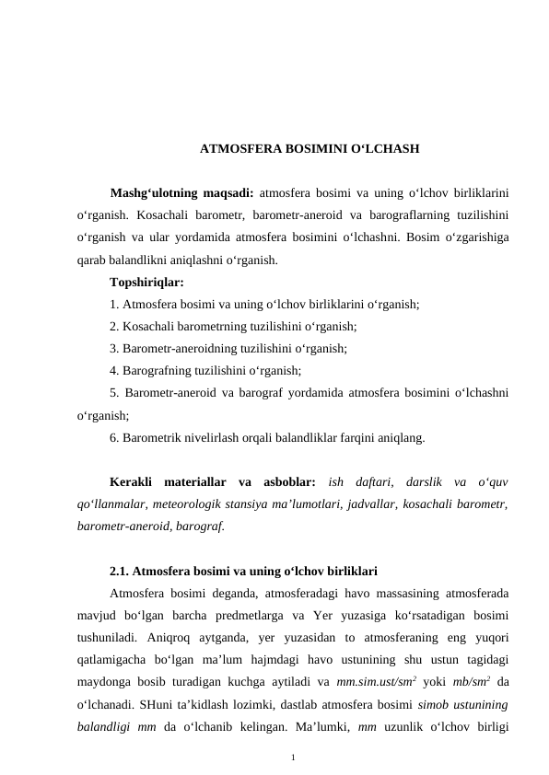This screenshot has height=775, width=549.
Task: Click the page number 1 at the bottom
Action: [292, 758]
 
